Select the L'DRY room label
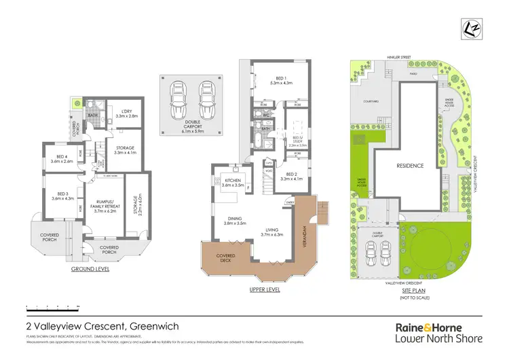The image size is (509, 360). (126, 113)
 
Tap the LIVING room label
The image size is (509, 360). (271, 232)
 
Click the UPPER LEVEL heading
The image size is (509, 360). (264, 289)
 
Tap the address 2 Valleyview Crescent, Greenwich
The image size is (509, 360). (102, 327)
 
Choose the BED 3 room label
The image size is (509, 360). (63, 196)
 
